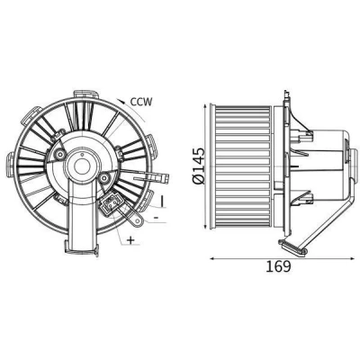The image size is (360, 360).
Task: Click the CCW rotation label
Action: pos(141,102)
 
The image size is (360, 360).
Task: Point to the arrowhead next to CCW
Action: pos(121,101)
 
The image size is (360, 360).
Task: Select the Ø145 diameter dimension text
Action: pos(199,166)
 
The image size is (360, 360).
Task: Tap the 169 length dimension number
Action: pos(278,266)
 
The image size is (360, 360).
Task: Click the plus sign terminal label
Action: pos(130,240)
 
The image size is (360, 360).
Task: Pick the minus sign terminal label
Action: pos(156,217)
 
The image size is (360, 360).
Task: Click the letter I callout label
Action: pos(162,201)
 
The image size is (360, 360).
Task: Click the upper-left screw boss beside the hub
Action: pos(61,155)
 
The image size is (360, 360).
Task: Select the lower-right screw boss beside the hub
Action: pos(104,179)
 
